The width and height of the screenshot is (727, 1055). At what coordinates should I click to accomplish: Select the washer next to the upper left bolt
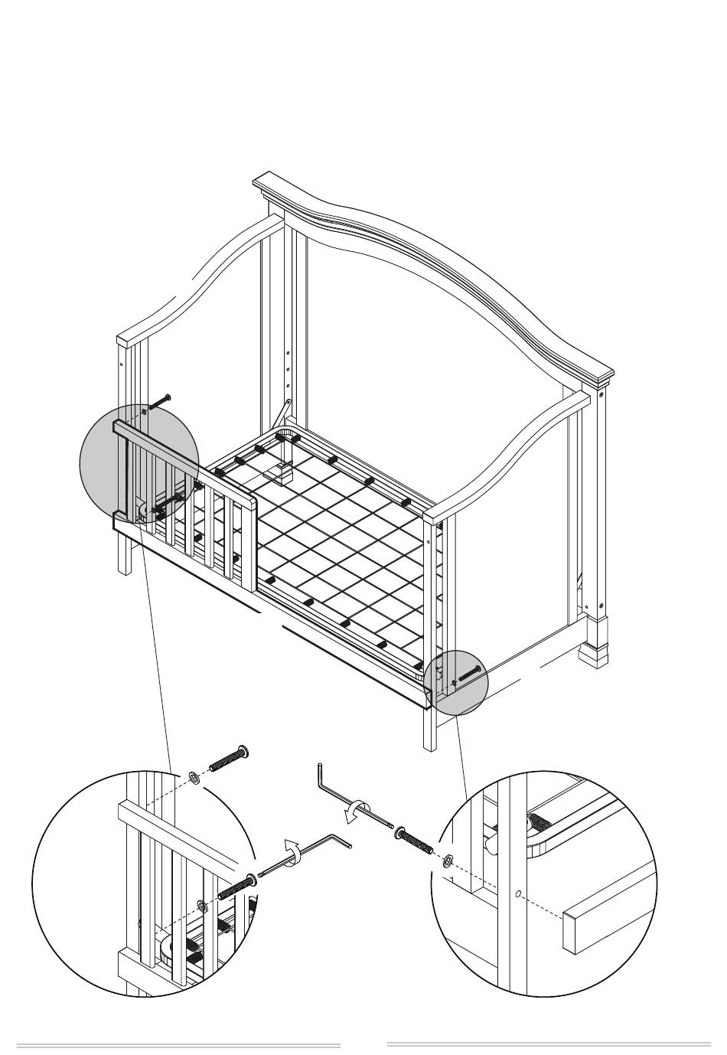point(194,778)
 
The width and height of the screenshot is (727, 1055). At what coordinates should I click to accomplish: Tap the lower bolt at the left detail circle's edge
point(235,887)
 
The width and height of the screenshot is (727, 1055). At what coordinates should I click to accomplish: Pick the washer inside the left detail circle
point(202,907)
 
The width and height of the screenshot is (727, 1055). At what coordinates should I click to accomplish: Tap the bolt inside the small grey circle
point(468,674)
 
